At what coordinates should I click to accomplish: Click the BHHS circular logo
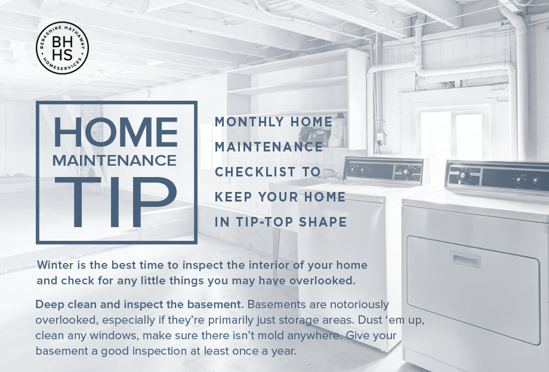click(x=62, y=48)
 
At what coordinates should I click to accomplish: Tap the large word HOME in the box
click(x=116, y=132)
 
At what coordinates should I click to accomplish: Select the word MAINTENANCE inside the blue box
click(x=115, y=160)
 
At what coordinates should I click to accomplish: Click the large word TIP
click(x=116, y=202)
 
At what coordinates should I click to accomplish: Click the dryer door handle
click(x=465, y=260)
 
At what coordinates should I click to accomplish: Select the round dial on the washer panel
click(x=406, y=172)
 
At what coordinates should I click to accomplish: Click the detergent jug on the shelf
click(x=336, y=131)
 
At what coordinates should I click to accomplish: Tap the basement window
click(x=453, y=134)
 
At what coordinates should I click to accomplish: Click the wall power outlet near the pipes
click(x=380, y=138)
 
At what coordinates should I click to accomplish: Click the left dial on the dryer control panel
click(x=464, y=175)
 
